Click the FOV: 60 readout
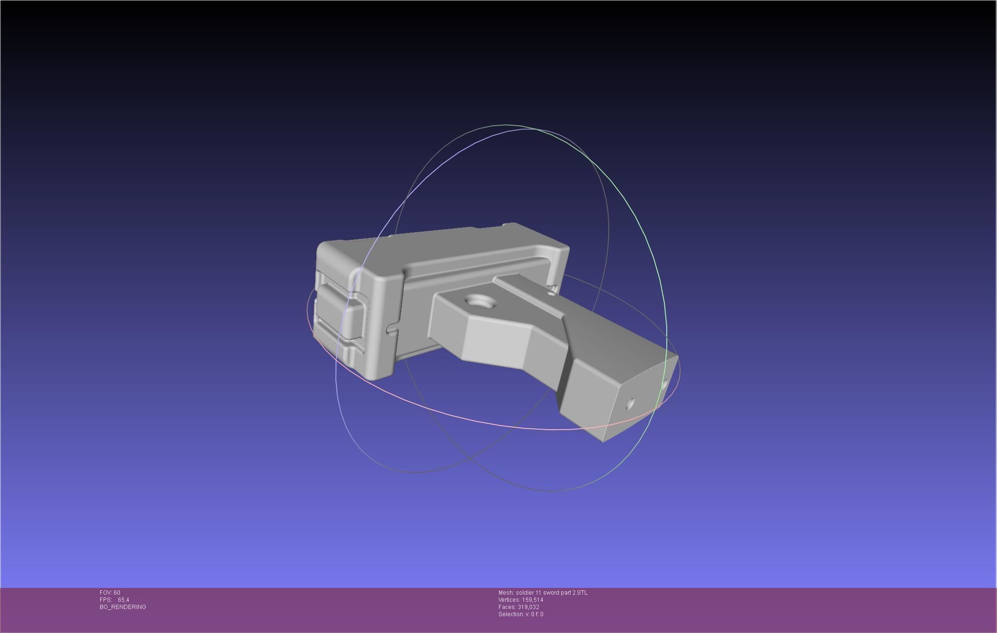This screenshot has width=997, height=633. coord(110,593)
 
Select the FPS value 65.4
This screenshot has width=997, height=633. coord(123,600)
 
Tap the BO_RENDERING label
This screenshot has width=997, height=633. coord(123,607)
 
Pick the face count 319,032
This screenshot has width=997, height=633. coord(528,607)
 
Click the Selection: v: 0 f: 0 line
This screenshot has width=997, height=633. coord(521,614)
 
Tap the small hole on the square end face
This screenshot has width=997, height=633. coord(630,404)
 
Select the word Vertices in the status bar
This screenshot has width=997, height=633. coord(509,600)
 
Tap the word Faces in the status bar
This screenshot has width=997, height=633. coord(507,607)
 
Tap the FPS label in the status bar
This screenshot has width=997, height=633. coord(105,600)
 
